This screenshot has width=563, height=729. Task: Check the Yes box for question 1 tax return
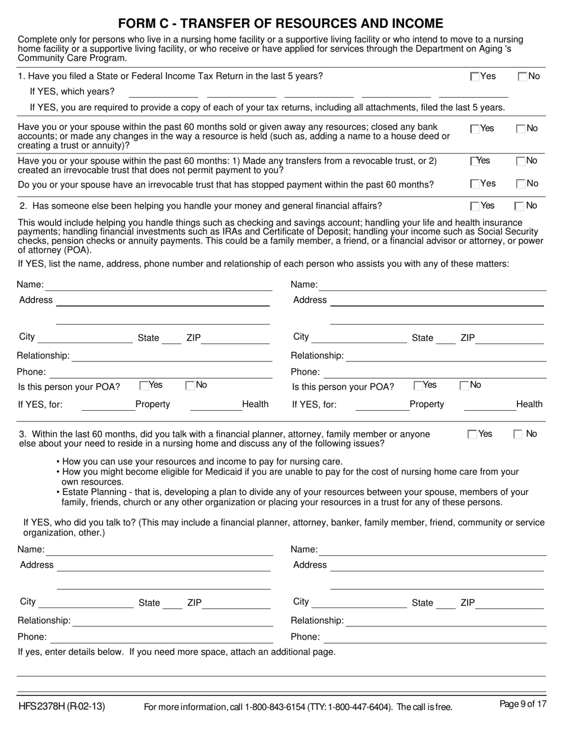pyautogui.click(x=475, y=76)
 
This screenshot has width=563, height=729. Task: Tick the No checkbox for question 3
pyautogui.click(x=517, y=434)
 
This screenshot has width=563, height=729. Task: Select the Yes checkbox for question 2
pyautogui.click(x=475, y=206)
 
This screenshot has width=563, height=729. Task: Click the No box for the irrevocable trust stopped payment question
pyautogui.click(x=521, y=184)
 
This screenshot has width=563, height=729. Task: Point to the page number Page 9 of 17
pyautogui.click(x=523, y=704)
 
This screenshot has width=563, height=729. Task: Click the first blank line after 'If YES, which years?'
pyautogui.click(x=163, y=92)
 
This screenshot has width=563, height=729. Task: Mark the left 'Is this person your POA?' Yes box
pyautogui.click(x=144, y=386)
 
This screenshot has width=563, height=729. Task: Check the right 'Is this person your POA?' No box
pyautogui.click(x=465, y=386)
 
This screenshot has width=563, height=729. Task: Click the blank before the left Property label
pyautogui.click(x=107, y=405)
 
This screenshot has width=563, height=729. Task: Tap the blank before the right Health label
pyautogui.click(x=489, y=405)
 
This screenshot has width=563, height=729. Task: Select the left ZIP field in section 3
pyautogui.click(x=237, y=604)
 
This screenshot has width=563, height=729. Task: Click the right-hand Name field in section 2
pyautogui.click(x=433, y=286)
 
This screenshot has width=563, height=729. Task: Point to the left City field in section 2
pyautogui.click(x=85, y=338)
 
